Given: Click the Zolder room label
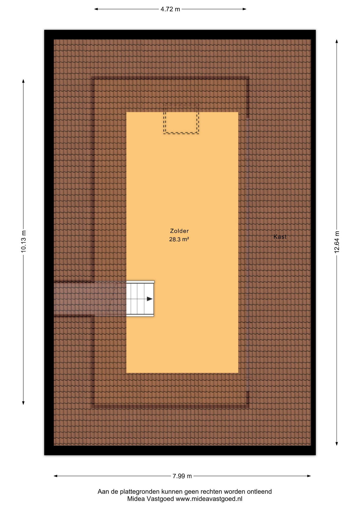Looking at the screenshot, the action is point(179,231).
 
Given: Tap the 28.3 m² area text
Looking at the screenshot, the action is point(179,239).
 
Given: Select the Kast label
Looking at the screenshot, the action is point(280,237).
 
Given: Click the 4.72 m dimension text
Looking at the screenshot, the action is point(170,9).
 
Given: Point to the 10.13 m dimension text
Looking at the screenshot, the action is point(24,242).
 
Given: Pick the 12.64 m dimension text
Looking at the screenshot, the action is point(337,242).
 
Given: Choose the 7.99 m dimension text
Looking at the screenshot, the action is point(182,476).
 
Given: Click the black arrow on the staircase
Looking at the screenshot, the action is point(150,299).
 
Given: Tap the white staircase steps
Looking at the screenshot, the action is point(140,299).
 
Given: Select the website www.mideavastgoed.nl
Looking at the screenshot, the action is point(209,499).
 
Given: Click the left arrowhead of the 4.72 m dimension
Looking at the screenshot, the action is point(96,9).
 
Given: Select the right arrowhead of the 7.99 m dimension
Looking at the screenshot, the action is point(309,476).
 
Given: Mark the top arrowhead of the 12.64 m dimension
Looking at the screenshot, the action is point(337,41).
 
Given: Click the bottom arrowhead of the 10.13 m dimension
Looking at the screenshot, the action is point(23,403).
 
